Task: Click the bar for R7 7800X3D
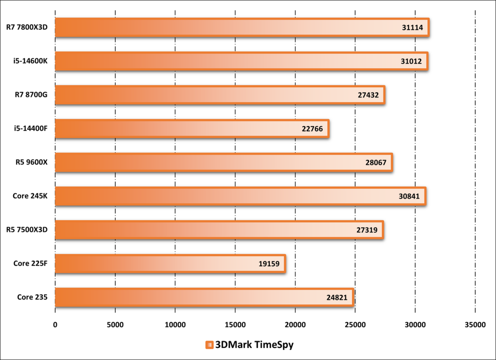point(242,28)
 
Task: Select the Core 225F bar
point(170,264)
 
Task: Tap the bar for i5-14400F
point(192,129)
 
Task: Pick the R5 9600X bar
point(223,162)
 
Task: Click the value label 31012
point(411,62)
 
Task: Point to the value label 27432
point(368,95)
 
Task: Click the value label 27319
point(367,230)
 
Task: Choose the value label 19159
point(269,264)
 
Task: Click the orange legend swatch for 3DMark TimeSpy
point(209,345)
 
